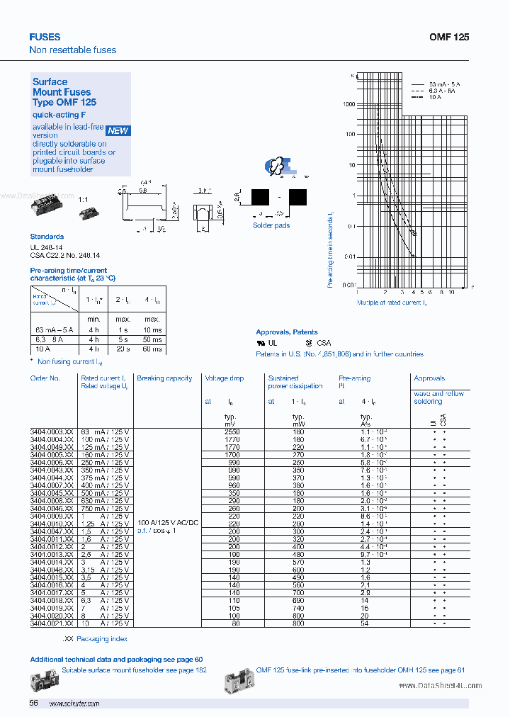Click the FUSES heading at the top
tap(45, 37)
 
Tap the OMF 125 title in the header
tap(449, 37)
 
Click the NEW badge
tap(118, 130)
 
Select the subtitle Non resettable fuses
tap(72, 50)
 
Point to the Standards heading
tap(47, 237)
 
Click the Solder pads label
tap(271, 225)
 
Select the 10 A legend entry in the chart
tap(435, 97)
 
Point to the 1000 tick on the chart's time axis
tap(348, 104)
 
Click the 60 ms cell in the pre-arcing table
tap(152, 349)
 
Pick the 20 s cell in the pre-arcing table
tap(123, 349)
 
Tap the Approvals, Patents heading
tap(286, 332)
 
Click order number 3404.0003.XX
tap(52, 431)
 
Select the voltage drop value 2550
tap(232, 431)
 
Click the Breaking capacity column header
tap(164, 378)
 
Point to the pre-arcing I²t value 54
tap(365, 623)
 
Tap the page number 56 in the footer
tap(33, 703)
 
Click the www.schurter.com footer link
tap(74, 704)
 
